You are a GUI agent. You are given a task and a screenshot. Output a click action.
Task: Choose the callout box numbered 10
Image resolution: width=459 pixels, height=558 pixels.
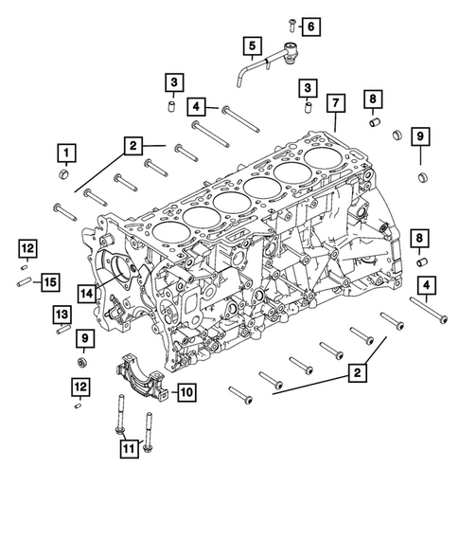point(184,389)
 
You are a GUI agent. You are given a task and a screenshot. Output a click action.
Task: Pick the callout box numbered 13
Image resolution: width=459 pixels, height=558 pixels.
point(62,313)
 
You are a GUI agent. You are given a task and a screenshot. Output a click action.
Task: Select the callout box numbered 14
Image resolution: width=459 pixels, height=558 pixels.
point(87,293)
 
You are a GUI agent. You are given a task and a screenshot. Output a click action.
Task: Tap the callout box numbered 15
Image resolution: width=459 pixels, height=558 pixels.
point(50,280)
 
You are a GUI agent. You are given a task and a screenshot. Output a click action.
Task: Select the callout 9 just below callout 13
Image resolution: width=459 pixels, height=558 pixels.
point(83,338)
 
